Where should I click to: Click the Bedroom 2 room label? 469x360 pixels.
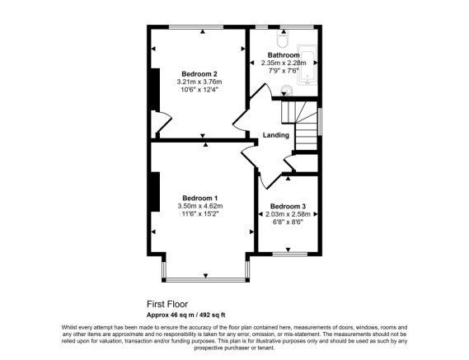pyautogui.click(x=199, y=74)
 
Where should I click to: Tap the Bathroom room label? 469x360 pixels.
pyautogui.click(x=283, y=54)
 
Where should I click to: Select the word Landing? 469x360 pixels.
pyautogui.click(x=275, y=135)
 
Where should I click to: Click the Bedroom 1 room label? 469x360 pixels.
pyautogui.click(x=199, y=198)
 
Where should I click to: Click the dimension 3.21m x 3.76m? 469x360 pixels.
pyautogui.click(x=199, y=82)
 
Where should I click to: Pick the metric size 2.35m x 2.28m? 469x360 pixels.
pyautogui.click(x=284, y=63)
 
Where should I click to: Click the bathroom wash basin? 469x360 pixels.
pyautogui.click(x=286, y=91)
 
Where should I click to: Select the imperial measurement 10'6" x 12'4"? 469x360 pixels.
pyautogui.click(x=199, y=91)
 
